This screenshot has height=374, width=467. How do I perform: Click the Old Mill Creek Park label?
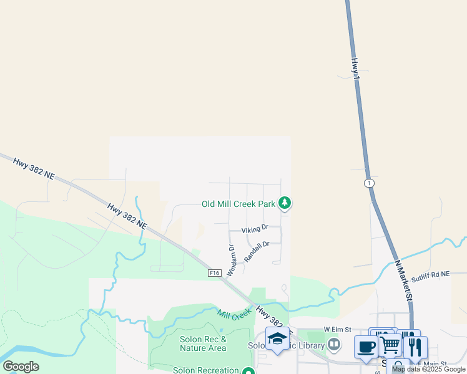pyautogui.click(x=238, y=204)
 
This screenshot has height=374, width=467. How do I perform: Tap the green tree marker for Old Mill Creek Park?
pyautogui.click(x=285, y=203)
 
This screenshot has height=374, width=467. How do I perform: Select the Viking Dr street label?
pyautogui.click(x=255, y=229)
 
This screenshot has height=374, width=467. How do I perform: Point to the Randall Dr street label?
pyautogui.click(x=257, y=251)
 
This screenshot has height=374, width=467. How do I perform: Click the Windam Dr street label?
pyautogui.click(x=231, y=260)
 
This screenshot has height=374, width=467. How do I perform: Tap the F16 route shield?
pyautogui.click(x=215, y=272)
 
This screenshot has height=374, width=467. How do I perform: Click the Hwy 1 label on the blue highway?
pyautogui.click(x=355, y=69)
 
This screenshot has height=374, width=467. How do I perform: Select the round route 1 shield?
pyautogui.click(x=369, y=183)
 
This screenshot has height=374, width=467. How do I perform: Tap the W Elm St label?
pyautogui.click(x=338, y=329)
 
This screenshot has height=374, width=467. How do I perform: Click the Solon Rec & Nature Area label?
pyautogui.click(x=202, y=343)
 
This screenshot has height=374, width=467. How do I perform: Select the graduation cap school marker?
pyautogui.click(x=277, y=338)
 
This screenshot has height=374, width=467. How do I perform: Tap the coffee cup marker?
pyautogui.click(x=366, y=346)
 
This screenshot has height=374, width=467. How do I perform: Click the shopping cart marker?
pyautogui.click(x=390, y=344)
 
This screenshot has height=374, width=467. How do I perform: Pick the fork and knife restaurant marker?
pyautogui.click(x=415, y=346)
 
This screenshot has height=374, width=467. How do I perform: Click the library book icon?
pyautogui.click(x=334, y=344)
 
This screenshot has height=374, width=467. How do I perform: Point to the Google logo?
pyautogui.click(x=21, y=367)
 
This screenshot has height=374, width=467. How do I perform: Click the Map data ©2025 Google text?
pyautogui.click(x=428, y=369)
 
